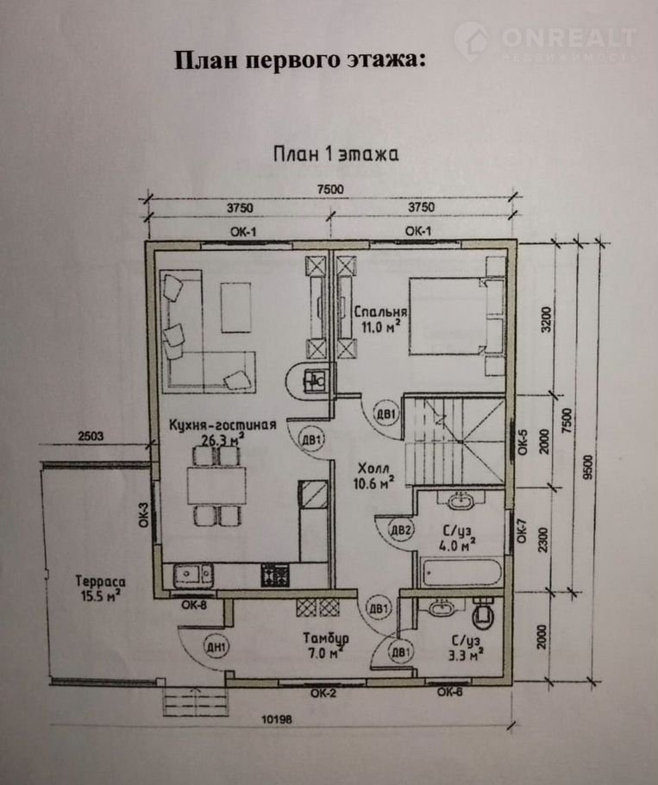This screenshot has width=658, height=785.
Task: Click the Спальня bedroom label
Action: tap(380, 311)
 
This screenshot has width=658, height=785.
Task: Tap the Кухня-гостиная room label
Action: tap(222, 425)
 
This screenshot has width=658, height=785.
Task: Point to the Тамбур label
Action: tap(326, 638)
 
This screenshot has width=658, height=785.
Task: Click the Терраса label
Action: tap(100, 581)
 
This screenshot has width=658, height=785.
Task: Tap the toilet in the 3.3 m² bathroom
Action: tap(483, 612)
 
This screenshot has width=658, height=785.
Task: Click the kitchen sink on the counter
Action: tap(193, 575)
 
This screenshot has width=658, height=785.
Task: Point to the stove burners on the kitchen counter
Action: tap(275, 575)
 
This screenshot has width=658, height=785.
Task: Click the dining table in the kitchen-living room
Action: tap(216, 485)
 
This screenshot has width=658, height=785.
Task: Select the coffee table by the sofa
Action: tap(235, 307)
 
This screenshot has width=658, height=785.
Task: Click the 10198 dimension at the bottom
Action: tap(277, 719)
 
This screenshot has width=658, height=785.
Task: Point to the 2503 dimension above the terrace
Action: tap(91, 436)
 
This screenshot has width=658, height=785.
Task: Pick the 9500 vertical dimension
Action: tap(587, 467)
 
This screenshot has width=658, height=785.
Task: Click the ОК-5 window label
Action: tap(523, 442)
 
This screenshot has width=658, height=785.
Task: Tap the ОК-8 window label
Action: tap(194, 605)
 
